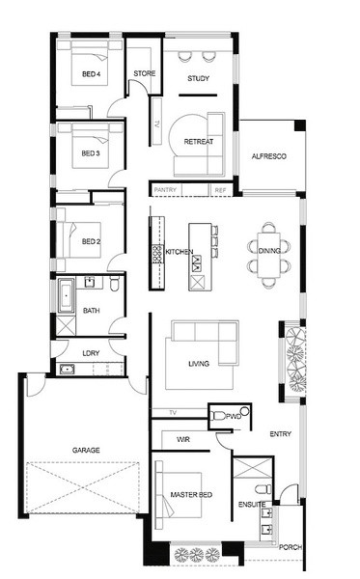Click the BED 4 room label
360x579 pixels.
click(91, 74)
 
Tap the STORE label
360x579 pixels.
click(145, 73)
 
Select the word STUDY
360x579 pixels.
click(198, 78)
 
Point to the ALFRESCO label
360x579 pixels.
click(269, 156)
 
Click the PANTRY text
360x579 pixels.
click(165, 190)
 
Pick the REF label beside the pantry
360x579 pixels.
click(220, 190)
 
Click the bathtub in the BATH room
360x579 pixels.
click(67, 296)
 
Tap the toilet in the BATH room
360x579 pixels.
click(115, 284)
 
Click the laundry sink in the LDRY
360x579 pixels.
click(68, 369)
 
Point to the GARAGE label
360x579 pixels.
click(86, 450)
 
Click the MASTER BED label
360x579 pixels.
click(191, 494)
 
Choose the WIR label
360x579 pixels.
click(183, 439)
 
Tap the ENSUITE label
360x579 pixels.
click(252, 505)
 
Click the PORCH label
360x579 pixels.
click(291, 547)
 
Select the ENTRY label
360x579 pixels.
click(281, 434)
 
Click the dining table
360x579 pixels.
click(269, 255)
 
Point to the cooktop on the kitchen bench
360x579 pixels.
click(157, 254)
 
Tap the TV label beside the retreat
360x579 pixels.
click(157, 123)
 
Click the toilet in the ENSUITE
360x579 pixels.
click(263, 489)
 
